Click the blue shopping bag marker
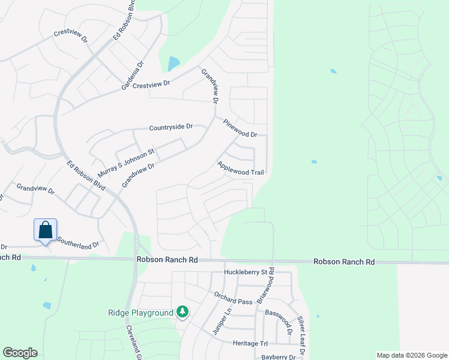[45, 230]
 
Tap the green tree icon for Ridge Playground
[182, 312]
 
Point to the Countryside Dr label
[171, 127]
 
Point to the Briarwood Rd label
[265, 285]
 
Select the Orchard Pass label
[234, 298]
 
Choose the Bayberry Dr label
[279, 357]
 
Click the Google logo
[20, 353]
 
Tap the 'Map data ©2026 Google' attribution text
[411, 355]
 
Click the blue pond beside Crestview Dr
[173, 63]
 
